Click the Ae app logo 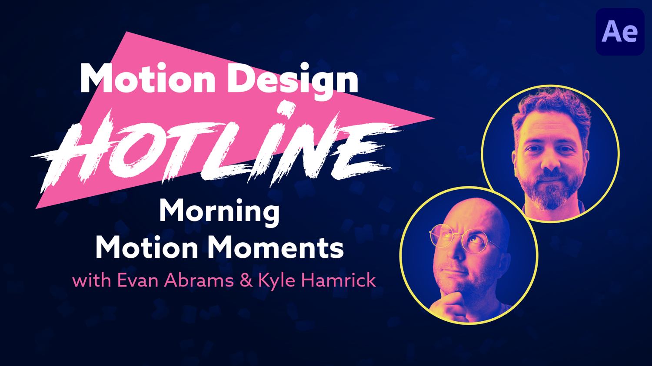[620, 32]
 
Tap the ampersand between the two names [246, 280]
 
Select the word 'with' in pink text [92, 280]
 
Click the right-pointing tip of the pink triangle [435, 119]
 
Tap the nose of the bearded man [550, 162]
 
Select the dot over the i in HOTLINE [285, 110]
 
